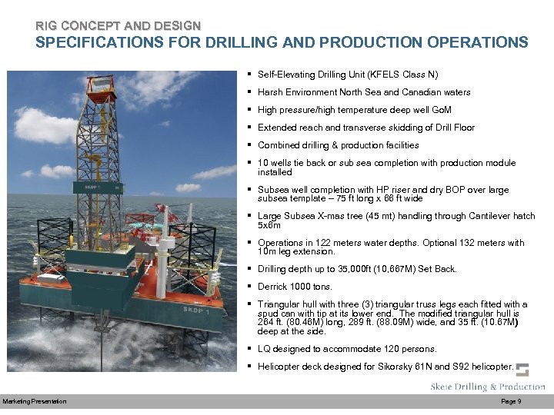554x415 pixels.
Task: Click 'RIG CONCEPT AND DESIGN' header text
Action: pos(118,25)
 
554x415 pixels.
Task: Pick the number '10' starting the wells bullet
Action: pos(263,163)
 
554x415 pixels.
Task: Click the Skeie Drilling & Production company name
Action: pos(488,387)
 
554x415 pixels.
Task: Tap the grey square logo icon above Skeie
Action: pos(522,370)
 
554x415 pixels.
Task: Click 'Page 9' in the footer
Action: pos(511,402)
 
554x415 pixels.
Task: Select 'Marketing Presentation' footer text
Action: pos(35,402)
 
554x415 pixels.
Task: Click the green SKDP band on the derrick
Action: pos(96,186)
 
